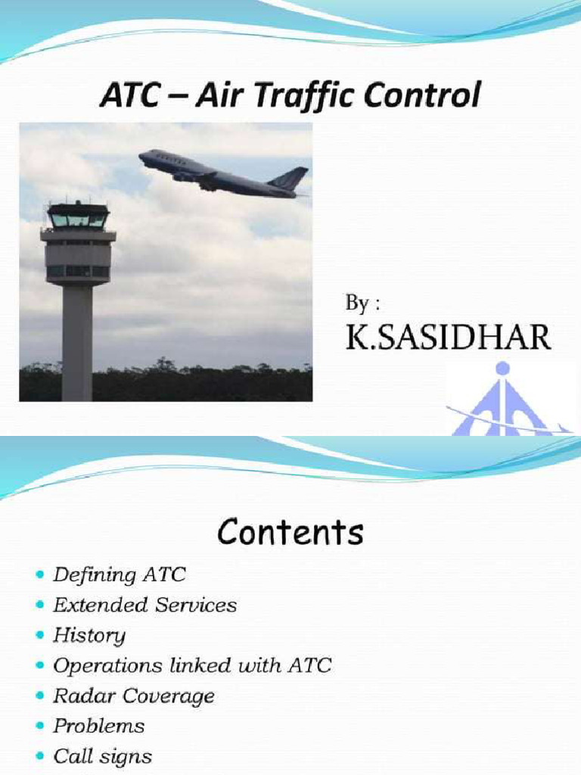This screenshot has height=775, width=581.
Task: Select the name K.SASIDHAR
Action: pos(448,338)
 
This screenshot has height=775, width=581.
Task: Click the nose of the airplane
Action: pos(142,157)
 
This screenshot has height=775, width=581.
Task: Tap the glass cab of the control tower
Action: pos(78,218)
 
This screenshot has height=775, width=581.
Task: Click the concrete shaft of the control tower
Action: pos(77,341)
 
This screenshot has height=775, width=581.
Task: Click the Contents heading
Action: pos(290,533)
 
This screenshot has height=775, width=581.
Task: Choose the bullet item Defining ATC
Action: pos(119,575)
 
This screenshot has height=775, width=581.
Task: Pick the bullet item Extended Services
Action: pos(144,605)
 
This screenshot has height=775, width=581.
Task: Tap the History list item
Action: pos(89,636)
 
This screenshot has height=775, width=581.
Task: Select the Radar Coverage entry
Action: pos(134,696)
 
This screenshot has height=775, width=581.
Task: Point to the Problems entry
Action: pos(98,727)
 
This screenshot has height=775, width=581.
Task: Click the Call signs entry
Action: pos(102,757)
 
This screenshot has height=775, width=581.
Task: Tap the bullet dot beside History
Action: pos(40,636)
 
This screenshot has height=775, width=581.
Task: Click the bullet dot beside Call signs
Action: pos(40,757)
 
